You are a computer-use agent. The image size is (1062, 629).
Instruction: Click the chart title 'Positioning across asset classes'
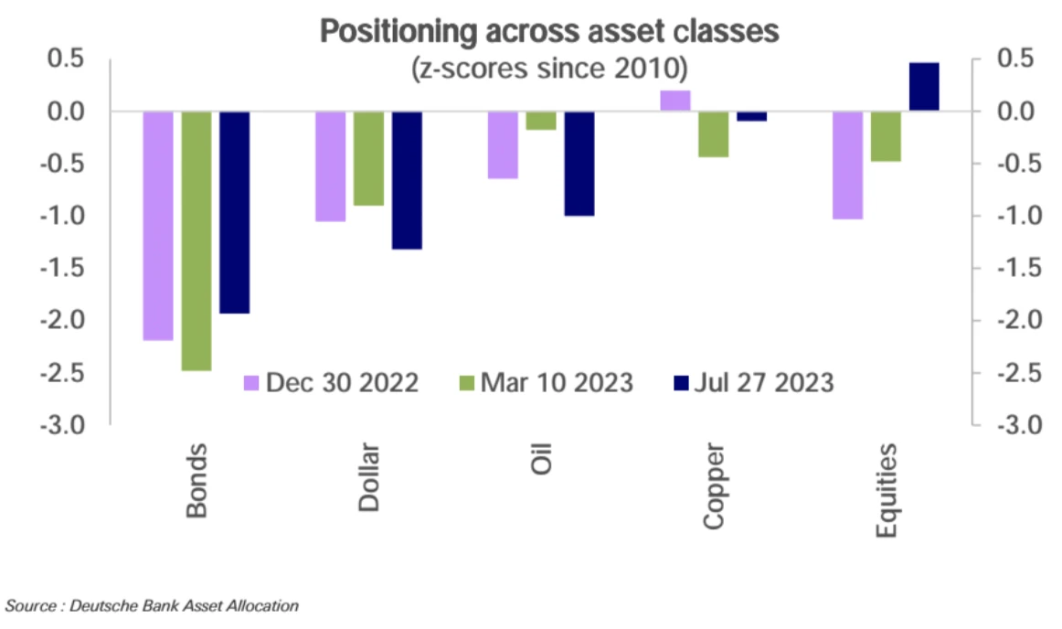tap(549, 31)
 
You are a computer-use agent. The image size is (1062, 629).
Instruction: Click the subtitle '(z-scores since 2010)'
tap(549, 68)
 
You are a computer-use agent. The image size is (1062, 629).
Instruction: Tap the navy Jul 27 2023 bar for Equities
tap(924, 87)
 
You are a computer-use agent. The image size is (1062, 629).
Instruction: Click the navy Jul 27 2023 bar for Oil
tap(579, 164)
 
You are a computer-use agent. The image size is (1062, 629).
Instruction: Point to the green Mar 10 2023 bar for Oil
tap(540, 121)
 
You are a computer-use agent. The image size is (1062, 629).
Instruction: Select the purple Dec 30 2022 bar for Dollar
tap(330, 166)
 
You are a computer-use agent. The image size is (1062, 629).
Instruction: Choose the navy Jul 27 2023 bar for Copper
tap(752, 116)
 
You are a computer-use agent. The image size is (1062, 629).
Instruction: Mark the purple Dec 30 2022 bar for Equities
tap(847, 165)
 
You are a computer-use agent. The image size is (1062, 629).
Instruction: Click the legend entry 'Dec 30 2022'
tap(331, 382)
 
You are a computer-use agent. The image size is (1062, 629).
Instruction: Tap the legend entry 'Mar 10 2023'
tap(545, 382)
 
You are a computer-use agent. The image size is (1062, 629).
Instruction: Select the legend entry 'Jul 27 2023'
tap(753, 382)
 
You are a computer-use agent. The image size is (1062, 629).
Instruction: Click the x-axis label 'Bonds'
tap(197, 481)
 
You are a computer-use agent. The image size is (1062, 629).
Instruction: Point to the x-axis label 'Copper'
tap(714, 487)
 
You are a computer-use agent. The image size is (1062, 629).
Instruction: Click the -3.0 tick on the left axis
tap(64, 426)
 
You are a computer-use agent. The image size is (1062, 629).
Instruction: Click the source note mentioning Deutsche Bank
tap(152, 605)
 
